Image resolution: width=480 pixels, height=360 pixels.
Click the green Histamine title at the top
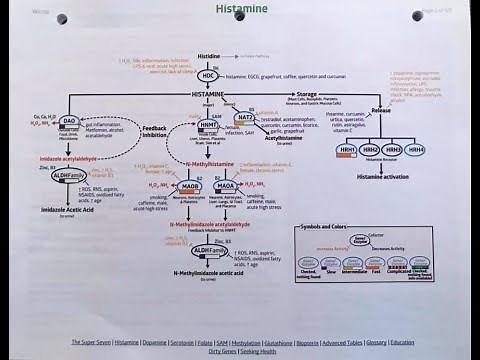tap(240, 9)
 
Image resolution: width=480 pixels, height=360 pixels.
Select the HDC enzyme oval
tap(208, 75)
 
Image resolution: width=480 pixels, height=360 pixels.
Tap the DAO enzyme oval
tap(69, 121)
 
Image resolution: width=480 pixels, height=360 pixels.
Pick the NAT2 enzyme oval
tap(245, 118)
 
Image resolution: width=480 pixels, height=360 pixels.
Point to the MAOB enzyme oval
tap(162, 186)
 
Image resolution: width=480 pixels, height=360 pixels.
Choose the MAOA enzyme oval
tap(226, 186)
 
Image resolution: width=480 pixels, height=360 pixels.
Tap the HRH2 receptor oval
tap(370, 149)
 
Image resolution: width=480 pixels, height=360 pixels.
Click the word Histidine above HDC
tap(209, 56)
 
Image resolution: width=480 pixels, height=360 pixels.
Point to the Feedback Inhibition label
tap(155, 131)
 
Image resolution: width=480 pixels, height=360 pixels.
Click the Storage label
tap(307, 94)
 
